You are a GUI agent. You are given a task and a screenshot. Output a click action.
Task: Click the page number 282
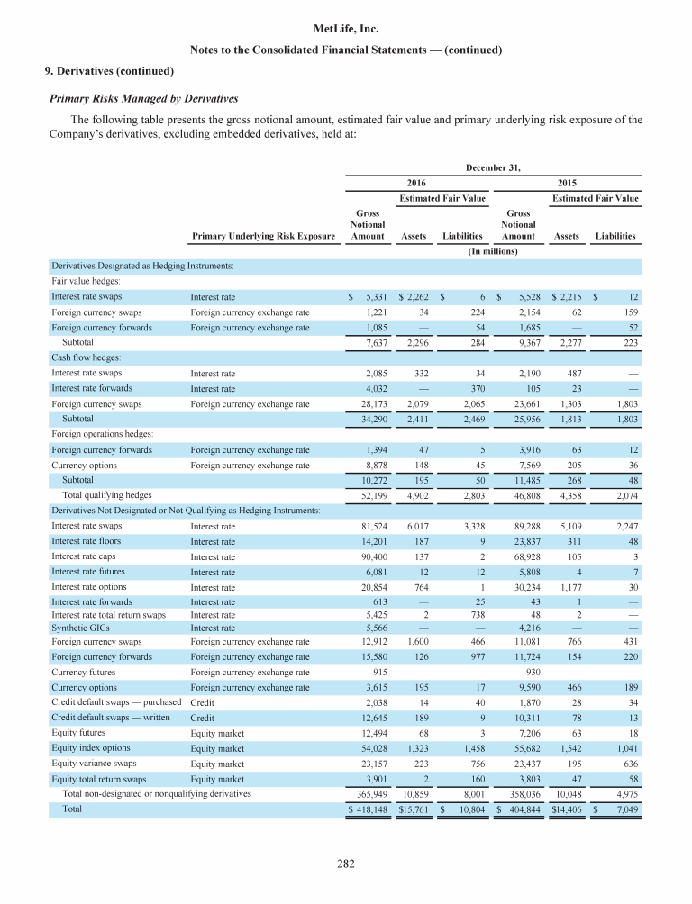click(x=346, y=864)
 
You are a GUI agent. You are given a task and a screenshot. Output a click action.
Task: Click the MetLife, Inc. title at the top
click(x=346, y=30)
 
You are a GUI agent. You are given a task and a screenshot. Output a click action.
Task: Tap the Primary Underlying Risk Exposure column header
click(x=263, y=237)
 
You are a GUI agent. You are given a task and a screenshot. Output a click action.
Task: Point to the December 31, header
click(x=493, y=166)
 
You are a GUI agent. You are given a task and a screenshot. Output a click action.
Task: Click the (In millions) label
click(x=493, y=252)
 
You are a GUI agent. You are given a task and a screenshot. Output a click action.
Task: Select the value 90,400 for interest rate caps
click(x=373, y=557)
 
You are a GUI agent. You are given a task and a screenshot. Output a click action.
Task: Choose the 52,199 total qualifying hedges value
click(x=373, y=495)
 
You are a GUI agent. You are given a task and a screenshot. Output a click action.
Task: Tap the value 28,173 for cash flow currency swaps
click(x=373, y=404)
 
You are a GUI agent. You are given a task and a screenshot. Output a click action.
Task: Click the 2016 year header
click(x=417, y=182)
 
